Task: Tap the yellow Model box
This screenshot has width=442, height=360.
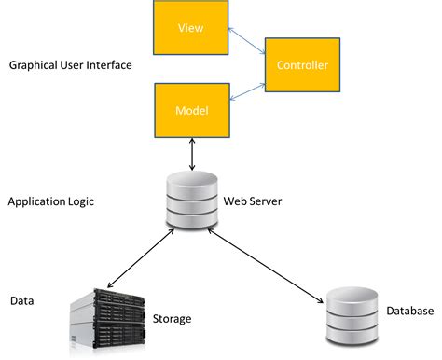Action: [x=191, y=110]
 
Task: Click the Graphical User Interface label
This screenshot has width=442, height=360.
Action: [x=70, y=65]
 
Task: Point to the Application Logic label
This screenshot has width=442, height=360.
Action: [x=50, y=201]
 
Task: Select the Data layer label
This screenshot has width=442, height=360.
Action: [x=22, y=301]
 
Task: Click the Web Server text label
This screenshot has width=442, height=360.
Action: [x=253, y=201]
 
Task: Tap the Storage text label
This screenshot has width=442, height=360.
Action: [x=172, y=319]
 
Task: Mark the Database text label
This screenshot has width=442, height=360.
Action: [x=409, y=311]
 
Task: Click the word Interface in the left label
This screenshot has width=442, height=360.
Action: [x=109, y=65]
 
